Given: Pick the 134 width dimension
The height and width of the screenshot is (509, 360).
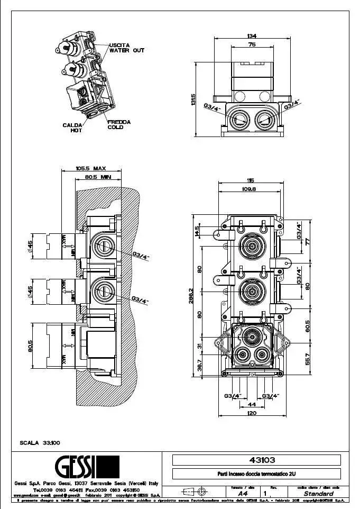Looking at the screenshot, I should click(x=252, y=35).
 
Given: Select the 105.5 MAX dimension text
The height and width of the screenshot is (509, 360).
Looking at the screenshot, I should click(x=91, y=168).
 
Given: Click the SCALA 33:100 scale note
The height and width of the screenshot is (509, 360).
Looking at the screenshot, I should click(x=40, y=442).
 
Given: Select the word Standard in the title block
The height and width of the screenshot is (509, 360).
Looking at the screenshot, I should click(x=318, y=493).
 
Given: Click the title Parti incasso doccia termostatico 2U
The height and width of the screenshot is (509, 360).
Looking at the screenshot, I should click(x=256, y=475).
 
